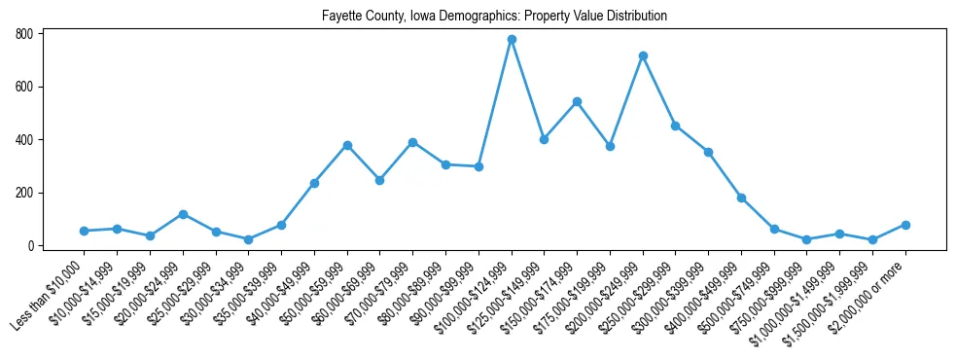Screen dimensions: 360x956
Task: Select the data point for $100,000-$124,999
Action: [x=512, y=40]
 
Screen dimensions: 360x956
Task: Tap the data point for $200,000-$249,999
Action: [x=643, y=55]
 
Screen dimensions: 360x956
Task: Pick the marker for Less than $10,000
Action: [x=85, y=231]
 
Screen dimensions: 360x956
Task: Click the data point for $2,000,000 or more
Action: [x=905, y=225]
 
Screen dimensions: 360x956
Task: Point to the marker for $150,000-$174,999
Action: [x=577, y=101]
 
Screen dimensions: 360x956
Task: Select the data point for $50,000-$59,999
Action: [x=347, y=145]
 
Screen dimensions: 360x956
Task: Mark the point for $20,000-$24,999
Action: [x=183, y=214]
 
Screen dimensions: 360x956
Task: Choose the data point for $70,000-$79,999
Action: [x=412, y=142]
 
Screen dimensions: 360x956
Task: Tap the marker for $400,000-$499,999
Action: [x=741, y=198]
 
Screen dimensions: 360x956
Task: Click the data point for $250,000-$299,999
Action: [x=676, y=126]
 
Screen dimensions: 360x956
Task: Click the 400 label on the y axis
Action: [x=25, y=140]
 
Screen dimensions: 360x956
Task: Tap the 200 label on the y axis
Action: [x=25, y=193]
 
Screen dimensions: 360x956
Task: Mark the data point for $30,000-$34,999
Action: [x=249, y=239]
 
